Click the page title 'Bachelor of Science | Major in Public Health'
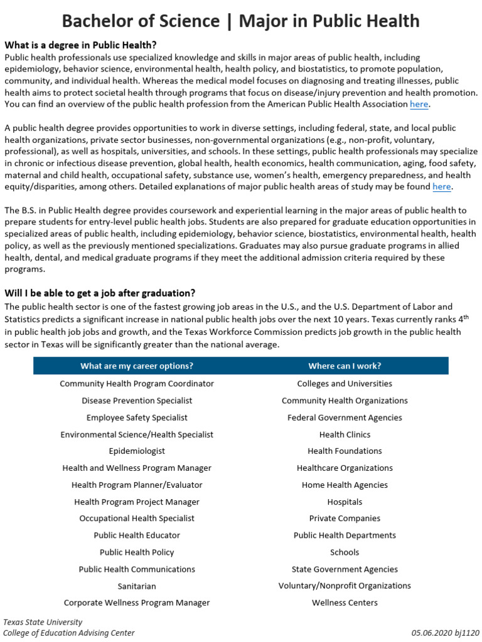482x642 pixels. click(240, 21)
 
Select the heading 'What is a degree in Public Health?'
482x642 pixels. click(80, 45)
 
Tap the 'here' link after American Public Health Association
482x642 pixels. click(420, 104)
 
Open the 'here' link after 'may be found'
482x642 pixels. click(441, 187)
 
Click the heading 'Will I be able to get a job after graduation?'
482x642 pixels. click(100, 293)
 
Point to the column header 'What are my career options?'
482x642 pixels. click(137, 366)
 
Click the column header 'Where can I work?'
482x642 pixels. click(345, 366)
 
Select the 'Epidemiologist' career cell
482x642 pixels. click(137, 451)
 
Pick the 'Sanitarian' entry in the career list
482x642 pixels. click(137, 586)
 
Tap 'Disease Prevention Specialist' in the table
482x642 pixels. click(137, 401)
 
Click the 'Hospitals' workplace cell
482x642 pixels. click(345, 502)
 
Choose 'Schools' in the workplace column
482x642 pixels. click(345, 552)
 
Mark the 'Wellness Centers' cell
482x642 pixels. click(345, 603)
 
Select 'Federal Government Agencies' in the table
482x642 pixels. click(345, 418)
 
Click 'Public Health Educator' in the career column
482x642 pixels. click(137, 535)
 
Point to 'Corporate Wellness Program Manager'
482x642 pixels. click(137, 603)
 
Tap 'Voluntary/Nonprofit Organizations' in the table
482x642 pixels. click(345, 586)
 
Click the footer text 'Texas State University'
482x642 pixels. click(43, 622)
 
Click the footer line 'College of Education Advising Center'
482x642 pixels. click(69, 633)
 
